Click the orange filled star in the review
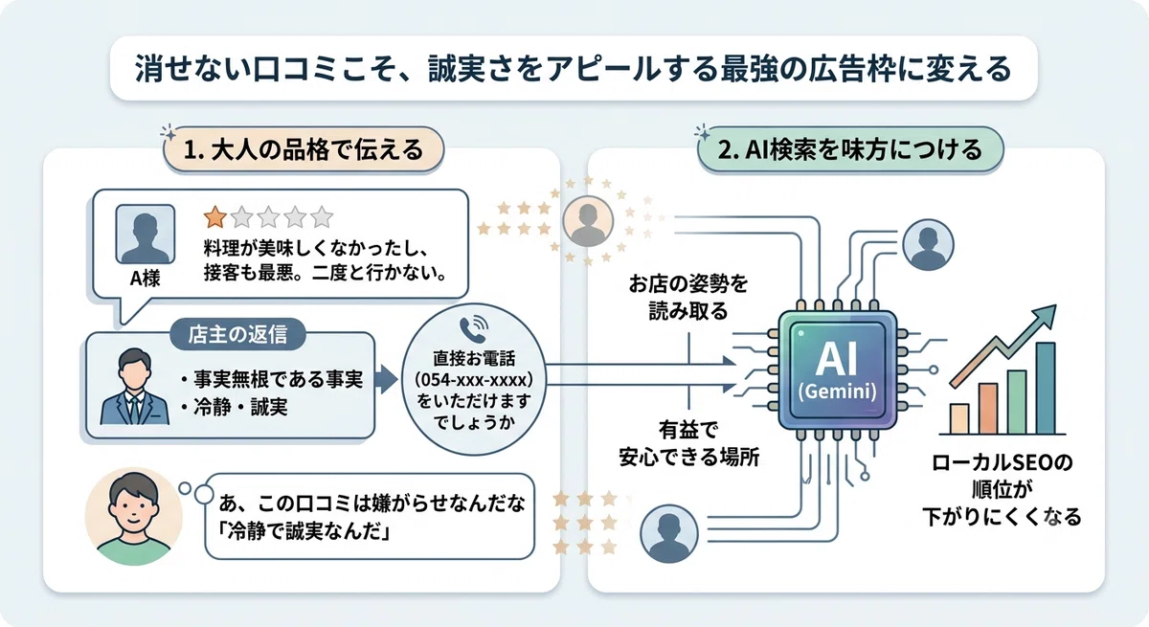pos(214,217)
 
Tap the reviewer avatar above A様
pos(146,235)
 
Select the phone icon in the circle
pos(473,329)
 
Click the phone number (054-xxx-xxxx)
pos(473,380)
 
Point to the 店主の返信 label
pos(237,334)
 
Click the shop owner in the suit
pos(134,387)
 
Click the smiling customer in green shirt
pos(134,517)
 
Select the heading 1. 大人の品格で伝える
pos(304,149)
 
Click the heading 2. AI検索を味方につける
pos(850,149)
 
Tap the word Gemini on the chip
pos(838,392)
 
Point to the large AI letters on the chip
pos(837,360)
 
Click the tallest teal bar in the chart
pos(1046,388)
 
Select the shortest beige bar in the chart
pos(959,419)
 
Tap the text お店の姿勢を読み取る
pos(688,297)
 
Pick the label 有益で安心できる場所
pos(688,443)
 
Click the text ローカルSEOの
pos(1002,462)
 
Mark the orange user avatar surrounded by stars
pos(588,221)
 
